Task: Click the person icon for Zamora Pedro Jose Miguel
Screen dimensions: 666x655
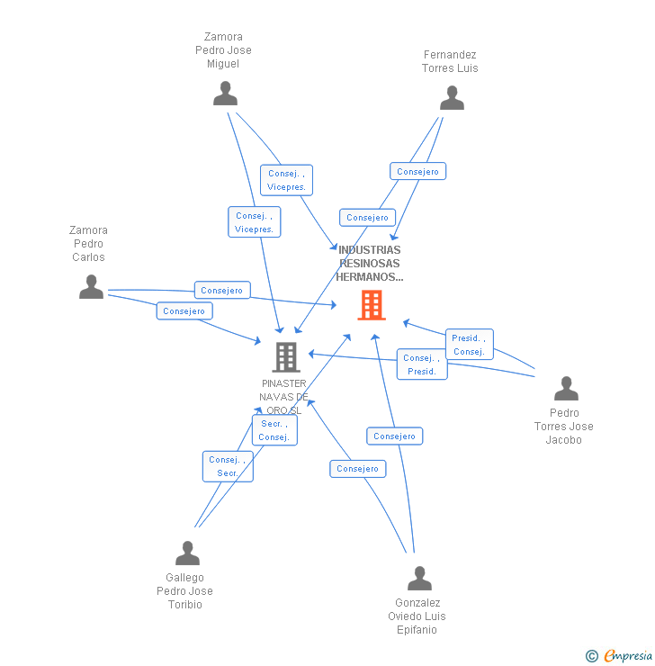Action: click(225, 94)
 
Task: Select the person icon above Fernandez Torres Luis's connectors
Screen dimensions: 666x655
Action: click(452, 98)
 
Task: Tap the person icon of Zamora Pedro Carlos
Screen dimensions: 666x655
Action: click(91, 287)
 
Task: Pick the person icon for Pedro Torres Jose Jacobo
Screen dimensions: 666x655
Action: click(566, 389)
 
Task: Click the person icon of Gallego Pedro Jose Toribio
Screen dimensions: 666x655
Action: click(187, 553)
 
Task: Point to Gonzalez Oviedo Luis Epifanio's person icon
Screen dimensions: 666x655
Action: click(419, 578)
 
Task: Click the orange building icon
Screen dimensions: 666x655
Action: click(372, 305)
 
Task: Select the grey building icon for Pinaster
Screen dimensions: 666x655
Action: click(285, 357)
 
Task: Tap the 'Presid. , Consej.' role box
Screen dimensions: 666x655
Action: click(469, 345)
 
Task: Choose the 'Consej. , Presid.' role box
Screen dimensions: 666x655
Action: click(421, 364)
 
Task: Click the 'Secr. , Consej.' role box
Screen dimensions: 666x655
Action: click(274, 430)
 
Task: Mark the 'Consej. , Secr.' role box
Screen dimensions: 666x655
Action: click(228, 466)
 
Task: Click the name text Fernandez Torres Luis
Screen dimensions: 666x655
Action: click(450, 61)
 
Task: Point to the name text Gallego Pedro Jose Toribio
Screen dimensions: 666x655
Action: click(184, 591)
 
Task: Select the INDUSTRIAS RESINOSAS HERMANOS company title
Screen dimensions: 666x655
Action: click(370, 264)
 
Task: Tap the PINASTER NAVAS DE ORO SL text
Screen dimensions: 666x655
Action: click(284, 397)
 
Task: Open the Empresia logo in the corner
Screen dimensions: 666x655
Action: click(627, 656)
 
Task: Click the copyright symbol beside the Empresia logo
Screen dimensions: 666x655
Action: click(591, 656)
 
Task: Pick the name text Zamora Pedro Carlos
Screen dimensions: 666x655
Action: click(88, 244)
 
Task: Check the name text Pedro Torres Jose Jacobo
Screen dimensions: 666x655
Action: click(564, 427)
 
